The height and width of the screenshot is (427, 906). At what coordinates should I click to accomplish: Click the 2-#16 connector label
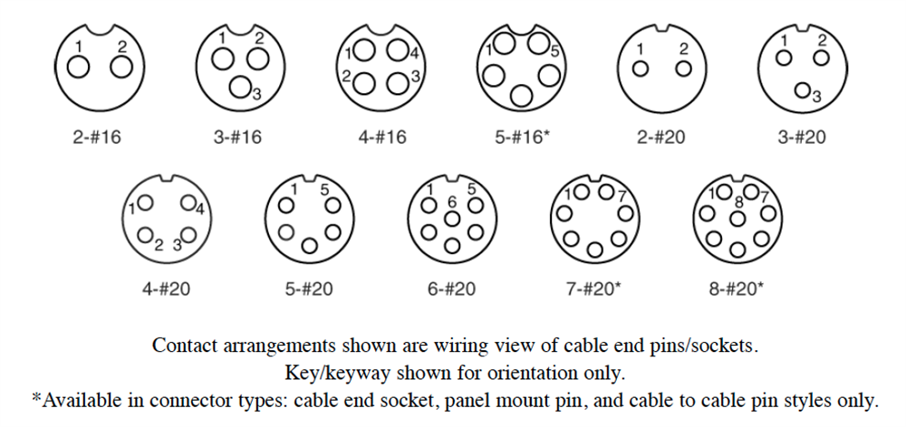click(x=97, y=138)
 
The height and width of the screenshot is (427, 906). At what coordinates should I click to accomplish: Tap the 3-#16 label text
click(x=237, y=138)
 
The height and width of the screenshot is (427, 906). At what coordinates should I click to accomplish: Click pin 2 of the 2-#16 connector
click(x=120, y=66)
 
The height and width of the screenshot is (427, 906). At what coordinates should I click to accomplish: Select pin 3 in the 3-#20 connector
click(x=803, y=90)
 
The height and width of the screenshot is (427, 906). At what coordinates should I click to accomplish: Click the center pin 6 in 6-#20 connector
click(x=450, y=217)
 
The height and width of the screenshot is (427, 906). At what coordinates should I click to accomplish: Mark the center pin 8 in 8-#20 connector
click(x=738, y=216)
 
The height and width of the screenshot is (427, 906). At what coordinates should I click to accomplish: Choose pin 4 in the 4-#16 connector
click(x=396, y=50)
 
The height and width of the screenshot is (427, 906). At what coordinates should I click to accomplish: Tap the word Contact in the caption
click(x=185, y=346)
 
